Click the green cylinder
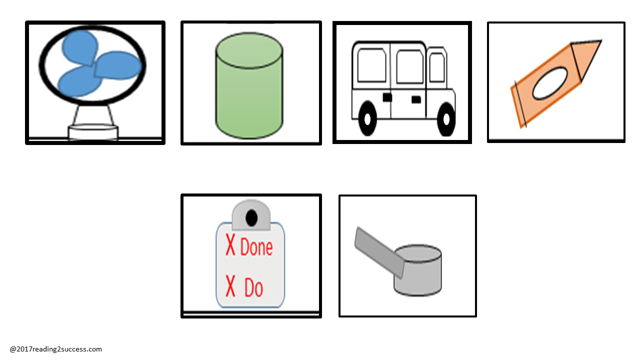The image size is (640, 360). [x=249, y=85]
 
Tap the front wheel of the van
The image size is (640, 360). [x=446, y=119]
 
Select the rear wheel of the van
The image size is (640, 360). [x=367, y=118]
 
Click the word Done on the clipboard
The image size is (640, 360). [x=256, y=246]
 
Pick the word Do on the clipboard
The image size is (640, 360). [x=253, y=287]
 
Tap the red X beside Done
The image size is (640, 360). [x=230, y=244]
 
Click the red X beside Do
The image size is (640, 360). [x=230, y=285]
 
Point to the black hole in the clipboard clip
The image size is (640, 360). [x=251, y=218]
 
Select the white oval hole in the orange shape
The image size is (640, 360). [x=550, y=83]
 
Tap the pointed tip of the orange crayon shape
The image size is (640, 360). [x=601, y=41]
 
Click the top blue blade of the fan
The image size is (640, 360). [x=80, y=47]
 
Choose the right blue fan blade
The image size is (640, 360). [x=117, y=65]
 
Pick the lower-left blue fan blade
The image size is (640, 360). [x=79, y=82]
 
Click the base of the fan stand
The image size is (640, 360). [x=93, y=132]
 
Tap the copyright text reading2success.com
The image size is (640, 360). [x=55, y=349]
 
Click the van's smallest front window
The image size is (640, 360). [x=437, y=67]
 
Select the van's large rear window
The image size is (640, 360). [x=371, y=65]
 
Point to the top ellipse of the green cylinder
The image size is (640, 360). [x=249, y=50]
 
